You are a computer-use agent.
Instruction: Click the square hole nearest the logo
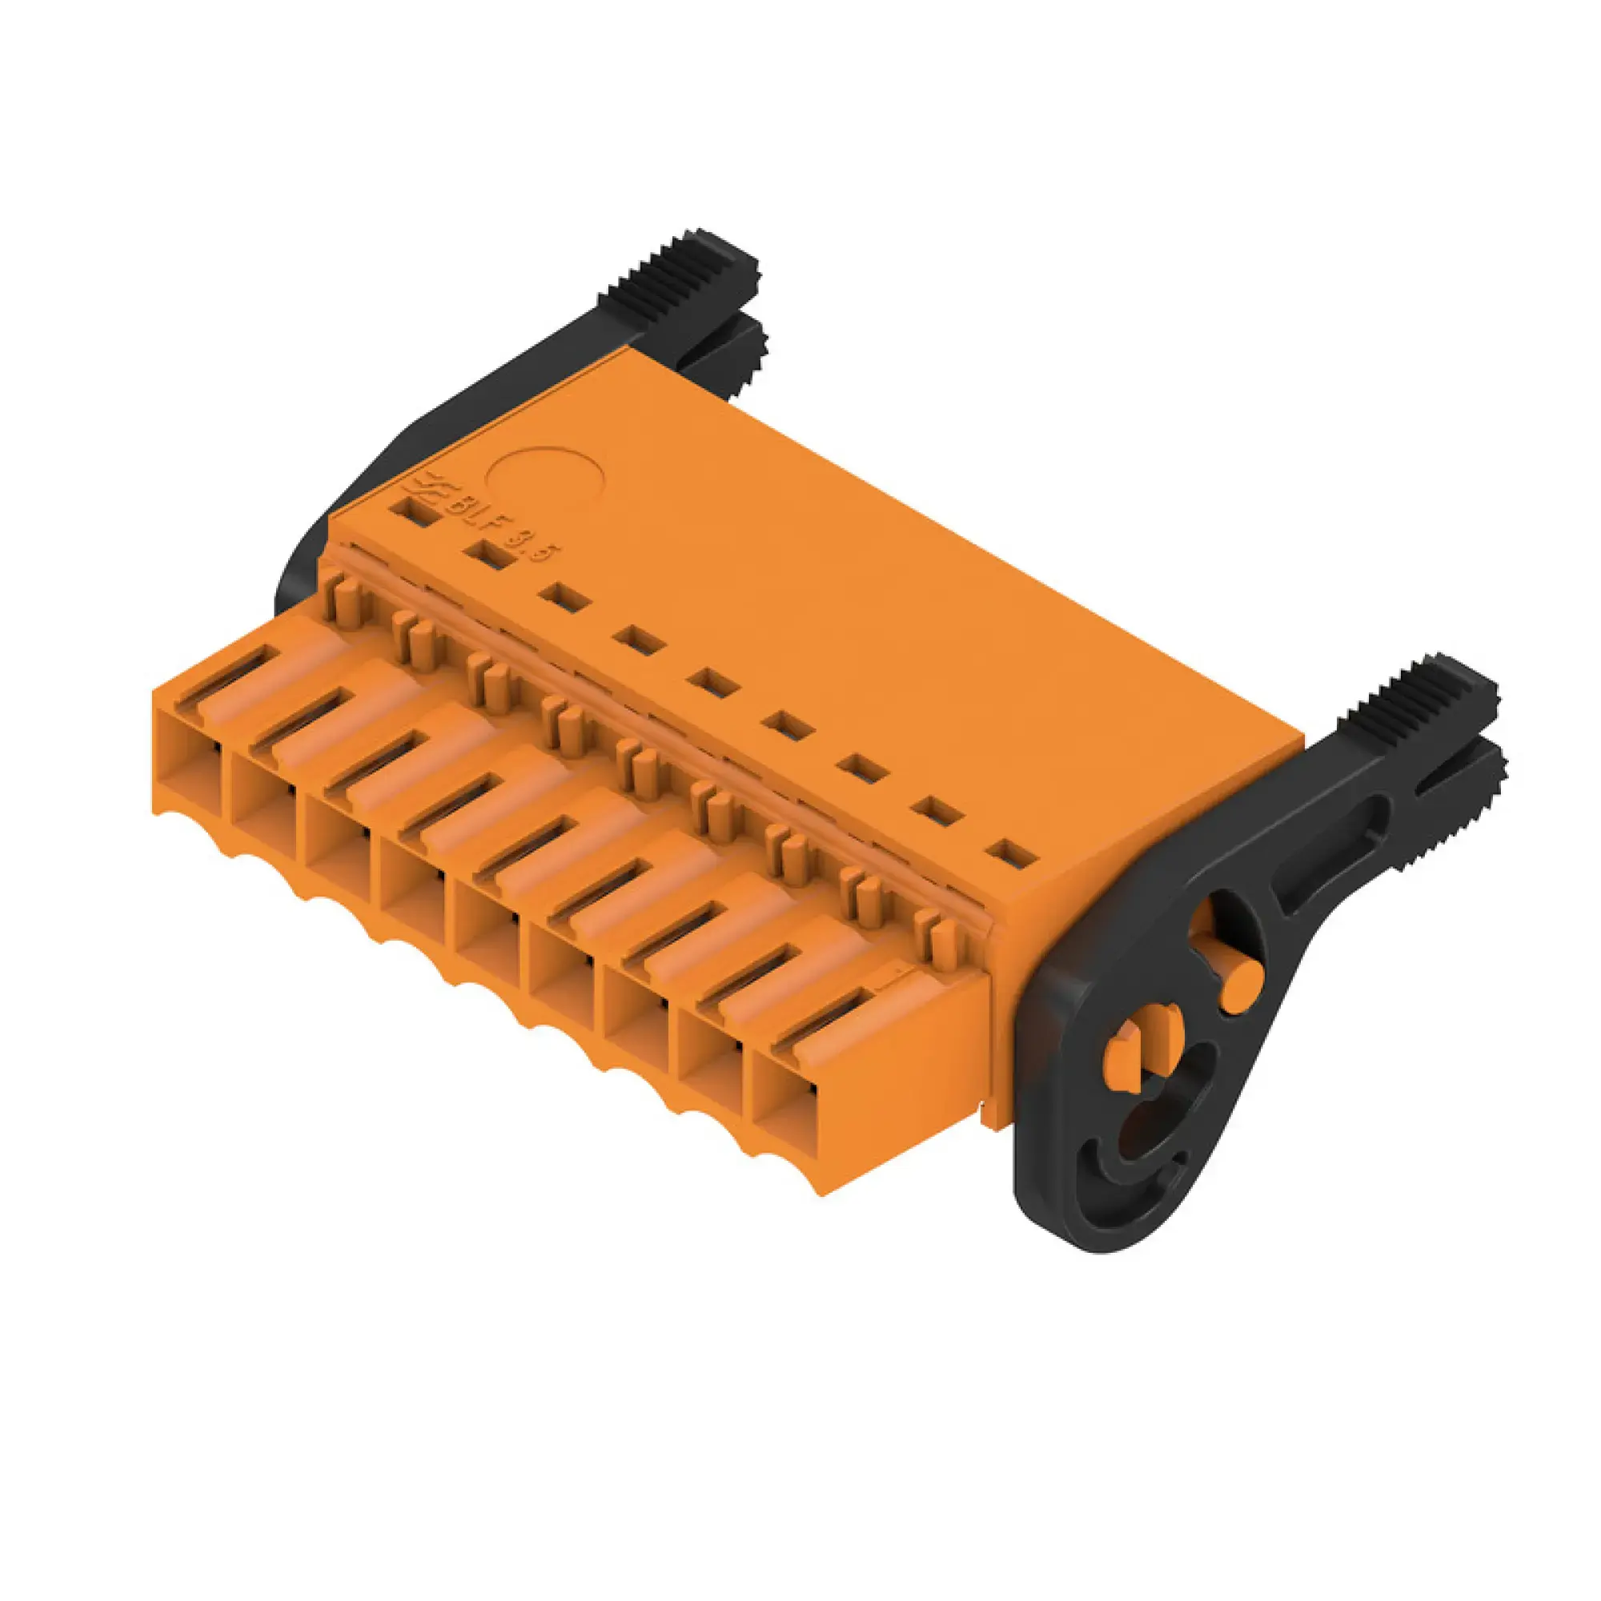[417, 511]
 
